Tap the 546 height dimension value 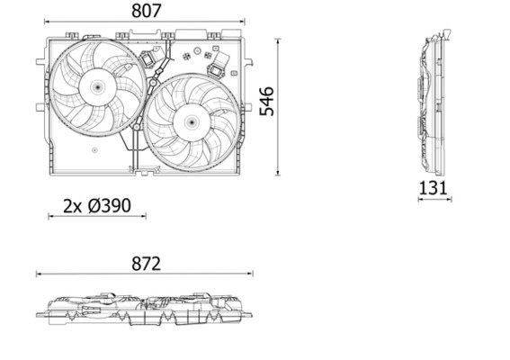tap(267, 102)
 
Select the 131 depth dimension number tap(434, 187)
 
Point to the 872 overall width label tap(145, 263)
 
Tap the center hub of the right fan tap(192, 120)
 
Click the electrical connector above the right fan tap(218, 64)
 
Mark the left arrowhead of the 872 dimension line tap(38, 274)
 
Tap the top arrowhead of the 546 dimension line tap(278, 40)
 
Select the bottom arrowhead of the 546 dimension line tap(278, 174)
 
